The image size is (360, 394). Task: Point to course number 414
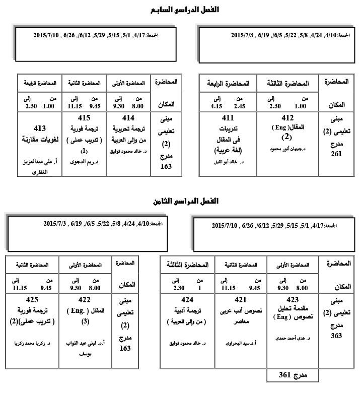[128, 118]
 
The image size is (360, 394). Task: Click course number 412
[285, 118]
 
